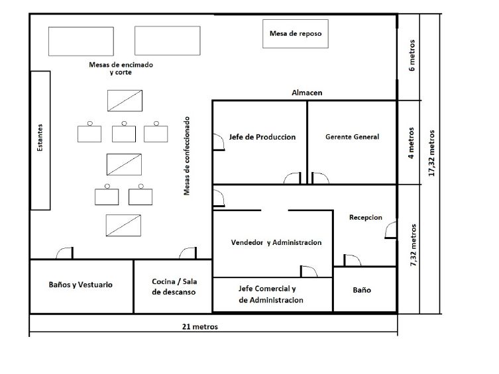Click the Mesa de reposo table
coord(296,34)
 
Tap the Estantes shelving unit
coord(40,140)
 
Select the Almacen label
coord(307,93)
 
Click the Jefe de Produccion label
coord(262,137)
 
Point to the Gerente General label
coord(353,137)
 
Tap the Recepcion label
coord(366,217)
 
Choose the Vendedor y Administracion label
coord(276,242)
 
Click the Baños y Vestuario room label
coord(80,285)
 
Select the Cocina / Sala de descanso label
coord(174,287)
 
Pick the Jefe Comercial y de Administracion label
coord(271,295)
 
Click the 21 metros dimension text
coord(200,326)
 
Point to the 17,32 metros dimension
coord(431,153)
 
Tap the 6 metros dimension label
coord(412,55)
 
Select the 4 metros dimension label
coord(412,143)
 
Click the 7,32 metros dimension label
coord(414,245)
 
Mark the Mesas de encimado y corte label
coord(121,68)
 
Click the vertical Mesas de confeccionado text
coord(186,156)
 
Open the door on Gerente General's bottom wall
coord(320,178)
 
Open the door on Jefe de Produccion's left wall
coord(219,142)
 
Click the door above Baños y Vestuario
coord(65,253)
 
